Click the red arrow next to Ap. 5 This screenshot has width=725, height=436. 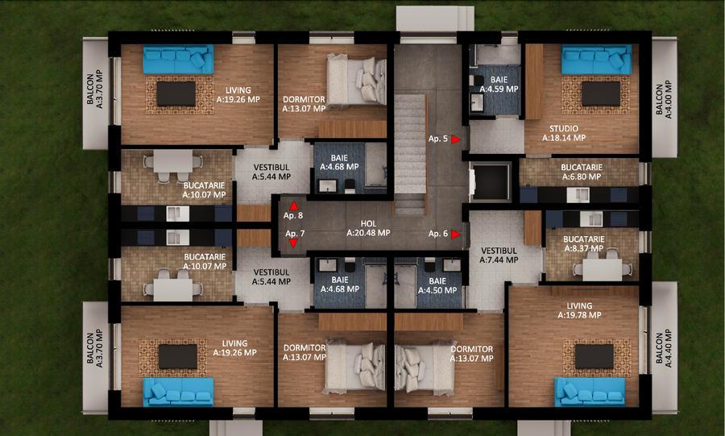[456, 139]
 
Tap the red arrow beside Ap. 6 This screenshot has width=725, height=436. [456, 235]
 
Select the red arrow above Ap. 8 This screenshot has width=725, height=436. [293, 206]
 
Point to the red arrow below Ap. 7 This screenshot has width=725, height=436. [293, 242]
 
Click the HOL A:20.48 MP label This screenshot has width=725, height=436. [368, 228]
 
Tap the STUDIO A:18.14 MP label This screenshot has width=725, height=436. [567, 133]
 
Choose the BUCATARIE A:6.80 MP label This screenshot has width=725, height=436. [581, 172]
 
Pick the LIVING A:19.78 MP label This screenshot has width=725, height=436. [579, 310]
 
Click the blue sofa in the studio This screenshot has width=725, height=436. [596, 60]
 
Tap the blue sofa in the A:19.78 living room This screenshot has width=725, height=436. [590, 391]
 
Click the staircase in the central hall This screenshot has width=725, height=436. [410, 153]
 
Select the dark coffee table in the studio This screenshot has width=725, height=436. [600, 93]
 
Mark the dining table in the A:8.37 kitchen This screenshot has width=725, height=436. [602, 268]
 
